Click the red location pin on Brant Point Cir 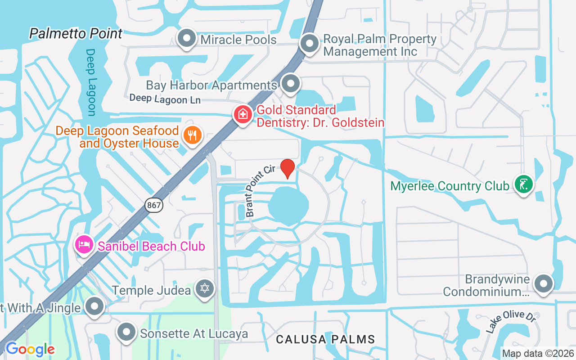288,168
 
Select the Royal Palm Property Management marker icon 309,44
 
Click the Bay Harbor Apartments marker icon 290,83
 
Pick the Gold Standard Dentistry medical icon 243,114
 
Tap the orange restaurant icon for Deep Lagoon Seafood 193,135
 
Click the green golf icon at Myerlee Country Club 523,184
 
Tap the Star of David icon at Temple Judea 205,288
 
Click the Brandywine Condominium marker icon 543,283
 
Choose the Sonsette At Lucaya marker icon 126,333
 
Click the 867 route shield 154,205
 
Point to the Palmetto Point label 76,33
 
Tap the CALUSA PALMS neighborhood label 325,339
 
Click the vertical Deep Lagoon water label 91,82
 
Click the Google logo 30,349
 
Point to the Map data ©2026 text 538,353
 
